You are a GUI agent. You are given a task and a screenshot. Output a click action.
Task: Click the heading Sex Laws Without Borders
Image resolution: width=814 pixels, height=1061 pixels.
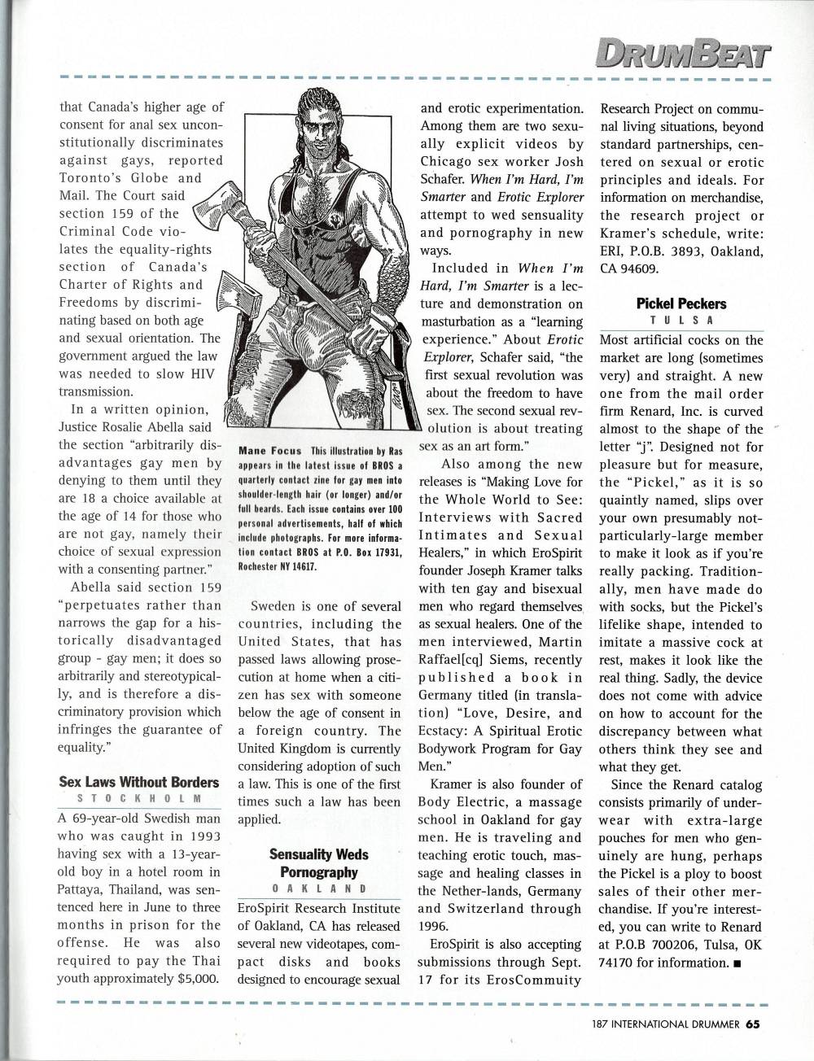(x=139, y=782)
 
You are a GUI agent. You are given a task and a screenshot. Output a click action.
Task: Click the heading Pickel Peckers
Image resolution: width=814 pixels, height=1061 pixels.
(x=681, y=303)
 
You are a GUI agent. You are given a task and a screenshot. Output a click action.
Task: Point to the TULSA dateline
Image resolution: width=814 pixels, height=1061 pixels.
(x=681, y=320)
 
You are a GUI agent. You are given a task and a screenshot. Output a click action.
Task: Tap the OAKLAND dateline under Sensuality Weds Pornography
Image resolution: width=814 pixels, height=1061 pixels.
(x=318, y=889)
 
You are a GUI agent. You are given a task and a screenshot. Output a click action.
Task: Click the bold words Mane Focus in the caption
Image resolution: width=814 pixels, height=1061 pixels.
(x=269, y=450)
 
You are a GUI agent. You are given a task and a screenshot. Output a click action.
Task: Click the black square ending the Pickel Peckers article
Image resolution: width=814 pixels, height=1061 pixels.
(x=736, y=964)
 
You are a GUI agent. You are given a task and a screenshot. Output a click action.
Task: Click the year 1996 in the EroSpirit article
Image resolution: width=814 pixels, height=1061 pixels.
(x=435, y=926)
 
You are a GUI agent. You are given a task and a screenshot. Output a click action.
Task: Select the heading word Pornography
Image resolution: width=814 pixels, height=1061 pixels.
(x=318, y=871)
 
